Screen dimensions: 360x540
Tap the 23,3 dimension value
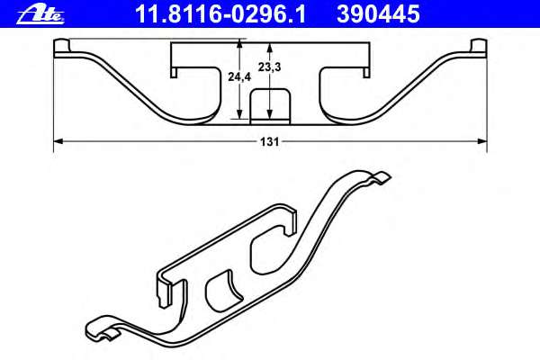click(x=268, y=67)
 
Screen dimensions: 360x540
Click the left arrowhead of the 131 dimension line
click(x=58, y=140)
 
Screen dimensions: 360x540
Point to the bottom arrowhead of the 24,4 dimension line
click(x=238, y=115)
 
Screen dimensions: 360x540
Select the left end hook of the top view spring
click(x=64, y=49)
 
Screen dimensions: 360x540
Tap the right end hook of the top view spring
click(x=476, y=49)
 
